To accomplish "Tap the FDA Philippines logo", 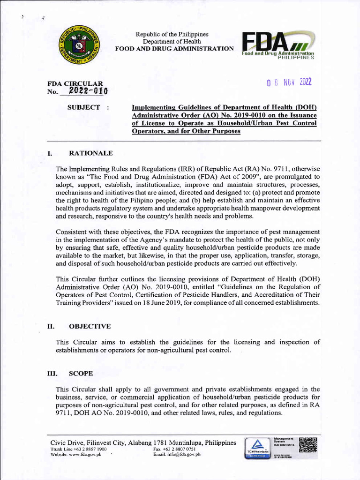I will point(277,47).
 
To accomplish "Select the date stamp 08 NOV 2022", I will point(289,82).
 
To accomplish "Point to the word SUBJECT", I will point(84,107).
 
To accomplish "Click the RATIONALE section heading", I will point(90,153).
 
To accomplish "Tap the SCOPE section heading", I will point(81,374).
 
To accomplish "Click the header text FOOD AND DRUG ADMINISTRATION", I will point(175,49).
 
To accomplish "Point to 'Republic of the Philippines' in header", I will point(172,35).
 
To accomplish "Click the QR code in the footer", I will point(307,445).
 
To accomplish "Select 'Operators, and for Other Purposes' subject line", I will point(186,131).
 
